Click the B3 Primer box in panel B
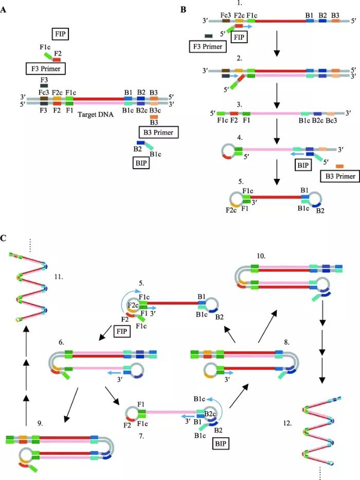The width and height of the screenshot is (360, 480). point(338,177)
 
